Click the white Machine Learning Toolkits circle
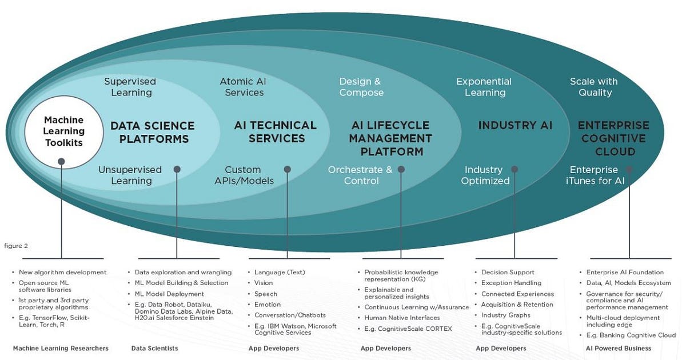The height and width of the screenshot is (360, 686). [64, 131]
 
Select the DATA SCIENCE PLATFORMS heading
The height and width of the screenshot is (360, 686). [153, 132]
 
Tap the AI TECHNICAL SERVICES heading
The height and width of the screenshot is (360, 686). [276, 132]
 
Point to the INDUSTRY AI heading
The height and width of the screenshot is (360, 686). [516, 125]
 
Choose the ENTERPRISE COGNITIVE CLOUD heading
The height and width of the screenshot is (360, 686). [614, 138]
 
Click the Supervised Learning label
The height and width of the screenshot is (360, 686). [130, 87]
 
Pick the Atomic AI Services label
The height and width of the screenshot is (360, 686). [243, 87]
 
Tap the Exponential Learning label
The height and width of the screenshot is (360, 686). [484, 87]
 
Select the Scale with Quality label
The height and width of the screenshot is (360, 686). [594, 87]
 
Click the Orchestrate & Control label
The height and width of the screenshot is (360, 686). [360, 175]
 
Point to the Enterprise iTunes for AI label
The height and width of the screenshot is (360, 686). [595, 175]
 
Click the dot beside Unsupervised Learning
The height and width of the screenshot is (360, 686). [177, 169]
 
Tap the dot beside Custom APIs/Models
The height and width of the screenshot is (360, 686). [287, 169]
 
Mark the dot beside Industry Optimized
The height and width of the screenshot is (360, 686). [514, 169]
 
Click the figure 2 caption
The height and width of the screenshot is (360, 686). [16, 246]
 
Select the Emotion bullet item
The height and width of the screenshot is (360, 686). [268, 305]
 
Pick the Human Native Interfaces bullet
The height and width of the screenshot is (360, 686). [402, 318]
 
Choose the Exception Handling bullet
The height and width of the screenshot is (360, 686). [511, 283]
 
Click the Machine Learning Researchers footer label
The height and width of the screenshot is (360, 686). [61, 349]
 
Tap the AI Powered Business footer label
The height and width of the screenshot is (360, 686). [619, 349]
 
